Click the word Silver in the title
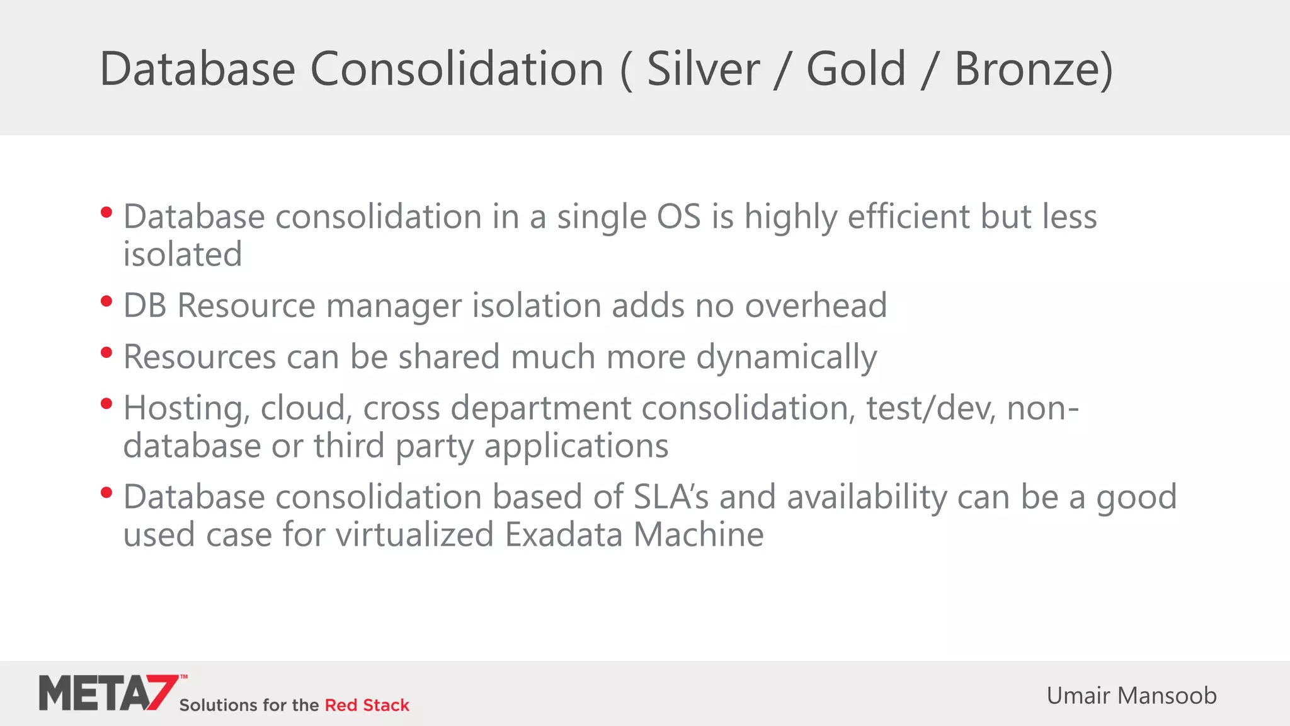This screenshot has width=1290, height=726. coord(703,69)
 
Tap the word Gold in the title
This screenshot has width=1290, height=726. coord(855,69)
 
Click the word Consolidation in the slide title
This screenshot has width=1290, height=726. coord(457,69)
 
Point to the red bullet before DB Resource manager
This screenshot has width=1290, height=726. coord(106,301)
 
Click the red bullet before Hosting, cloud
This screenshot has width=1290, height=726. coord(106,403)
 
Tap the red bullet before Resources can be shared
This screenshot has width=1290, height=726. coord(106,352)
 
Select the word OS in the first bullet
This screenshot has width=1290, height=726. coord(678,217)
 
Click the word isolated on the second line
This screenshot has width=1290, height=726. coord(183,255)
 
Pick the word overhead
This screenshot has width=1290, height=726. coord(816,306)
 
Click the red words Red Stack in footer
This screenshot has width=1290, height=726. coord(367,705)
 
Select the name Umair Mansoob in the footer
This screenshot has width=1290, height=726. coord(1131,696)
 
